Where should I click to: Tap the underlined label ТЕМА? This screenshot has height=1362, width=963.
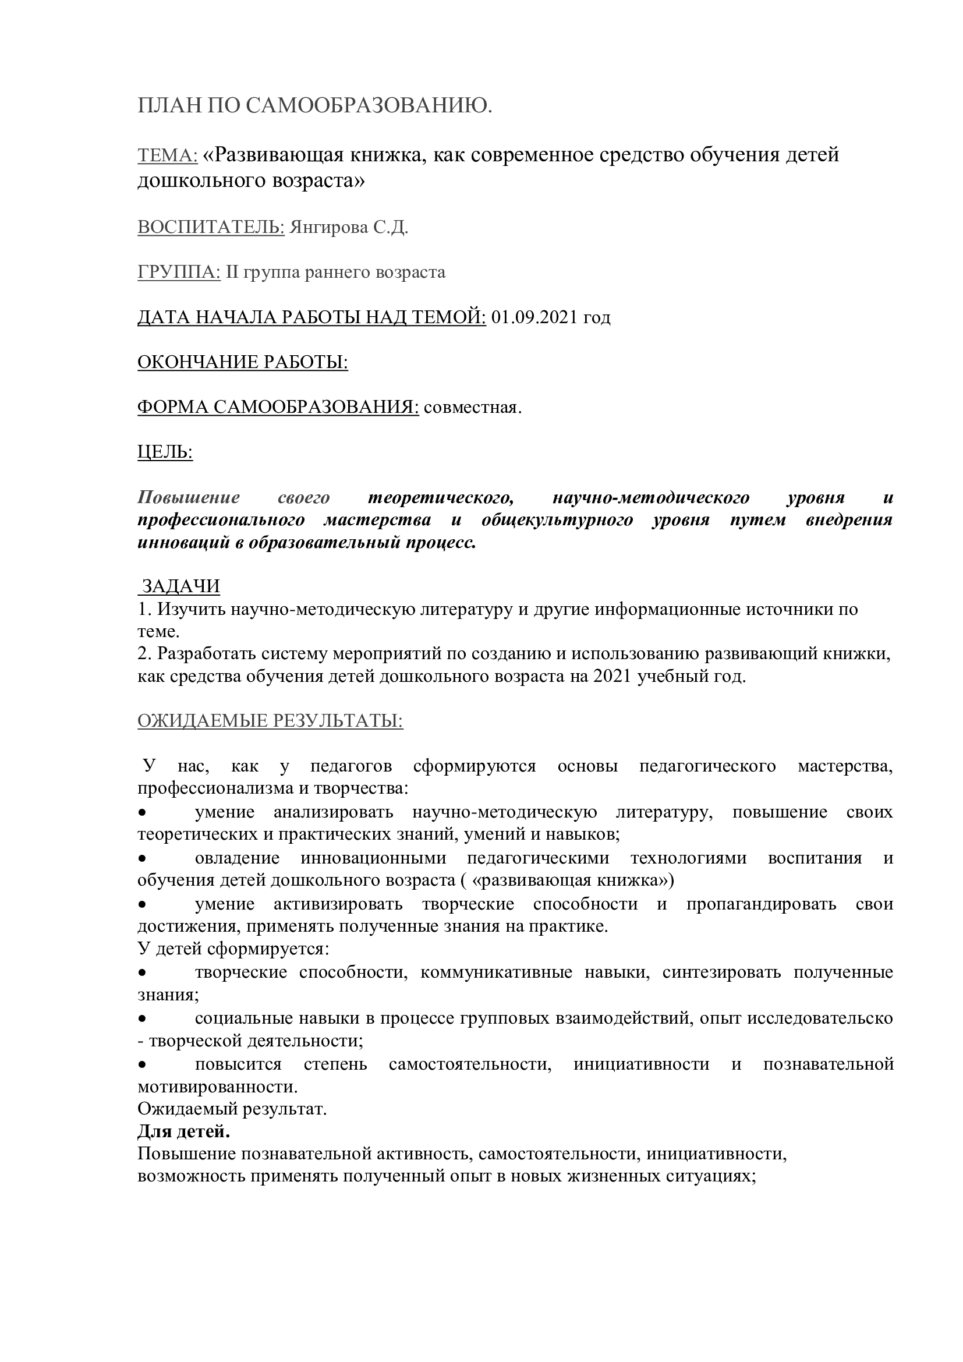[x=167, y=155]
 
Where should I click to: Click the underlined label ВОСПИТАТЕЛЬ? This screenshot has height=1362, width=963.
[x=211, y=228]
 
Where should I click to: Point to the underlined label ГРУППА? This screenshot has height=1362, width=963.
[x=179, y=273]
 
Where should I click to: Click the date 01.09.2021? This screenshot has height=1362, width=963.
[x=534, y=317]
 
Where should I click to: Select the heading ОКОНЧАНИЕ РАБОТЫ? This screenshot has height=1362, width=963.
[x=243, y=362]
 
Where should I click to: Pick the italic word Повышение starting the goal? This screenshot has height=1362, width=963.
[x=189, y=497]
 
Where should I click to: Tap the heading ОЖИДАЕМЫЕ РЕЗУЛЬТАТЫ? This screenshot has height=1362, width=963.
[x=270, y=721]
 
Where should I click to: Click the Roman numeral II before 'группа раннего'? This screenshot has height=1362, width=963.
[x=232, y=273]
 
